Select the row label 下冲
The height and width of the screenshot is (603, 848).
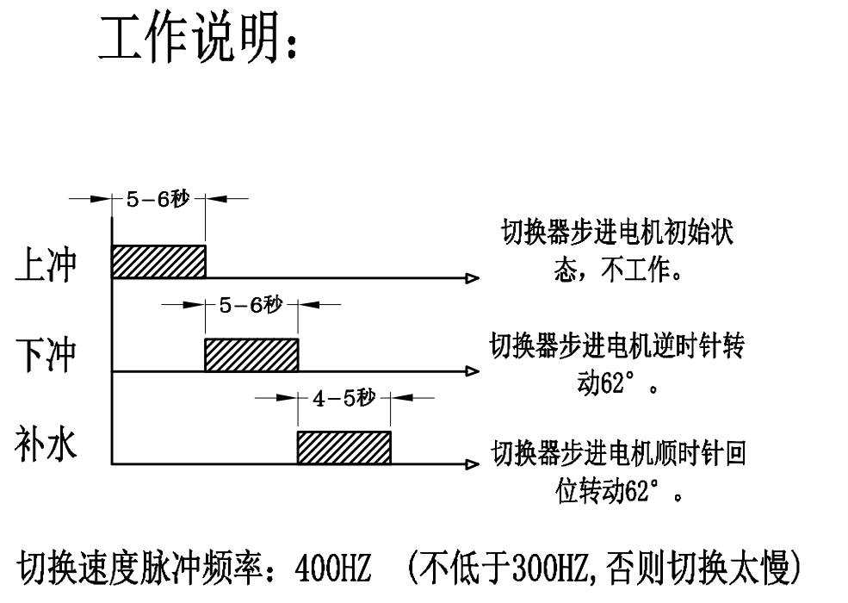(45, 354)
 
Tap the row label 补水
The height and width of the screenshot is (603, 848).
(45, 447)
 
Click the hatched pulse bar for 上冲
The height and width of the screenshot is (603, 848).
(159, 262)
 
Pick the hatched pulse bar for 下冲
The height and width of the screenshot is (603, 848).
(251, 354)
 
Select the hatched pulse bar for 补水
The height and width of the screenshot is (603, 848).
(344, 447)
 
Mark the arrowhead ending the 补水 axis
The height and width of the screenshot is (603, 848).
(472, 464)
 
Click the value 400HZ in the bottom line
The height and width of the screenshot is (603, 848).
(332, 569)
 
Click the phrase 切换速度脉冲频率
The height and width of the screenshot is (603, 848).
(145, 569)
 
